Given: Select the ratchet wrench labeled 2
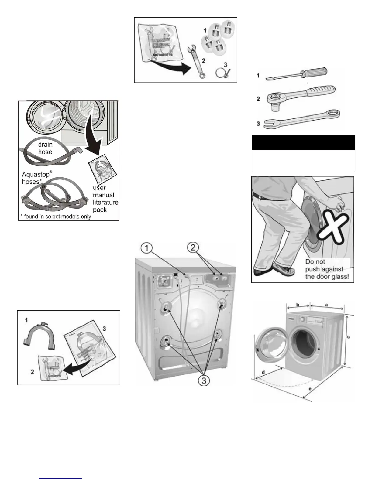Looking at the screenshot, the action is point(301,95).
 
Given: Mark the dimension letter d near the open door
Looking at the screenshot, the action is point(263,372).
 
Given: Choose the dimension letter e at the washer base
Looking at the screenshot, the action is point(309,388).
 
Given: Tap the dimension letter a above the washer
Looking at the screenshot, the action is point(326,304).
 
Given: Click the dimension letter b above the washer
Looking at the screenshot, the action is point(298,305).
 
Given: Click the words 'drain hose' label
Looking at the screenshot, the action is point(45,148).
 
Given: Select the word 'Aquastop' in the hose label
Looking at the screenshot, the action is point(36,175).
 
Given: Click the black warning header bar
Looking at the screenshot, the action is point(303,142).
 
